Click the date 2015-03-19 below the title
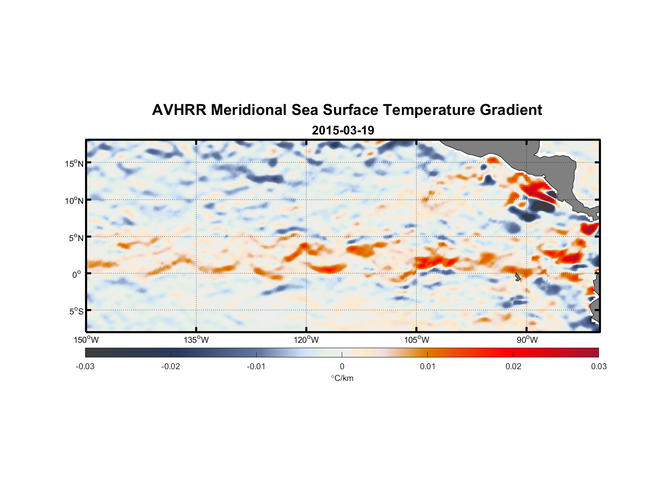(x=343, y=131)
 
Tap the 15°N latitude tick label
(x=74, y=163)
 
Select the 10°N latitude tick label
(x=74, y=200)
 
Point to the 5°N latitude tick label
(x=76, y=238)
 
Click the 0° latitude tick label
(x=77, y=274)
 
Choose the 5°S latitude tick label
(x=76, y=311)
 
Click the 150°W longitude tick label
(x=87, y=340)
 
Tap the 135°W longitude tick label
(x=197, y=340)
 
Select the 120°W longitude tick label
(x=307, y=340)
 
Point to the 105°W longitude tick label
(x=417, y=340)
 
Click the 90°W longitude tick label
(x=527, y=340)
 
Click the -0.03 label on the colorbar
(x=85, y=366)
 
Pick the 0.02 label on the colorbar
(x=513, y=366)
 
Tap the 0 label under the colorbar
(x=342, y=366)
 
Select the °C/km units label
(x=342, y=378)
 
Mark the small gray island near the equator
(x=517, y=277)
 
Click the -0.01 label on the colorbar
(x=256, y=366)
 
